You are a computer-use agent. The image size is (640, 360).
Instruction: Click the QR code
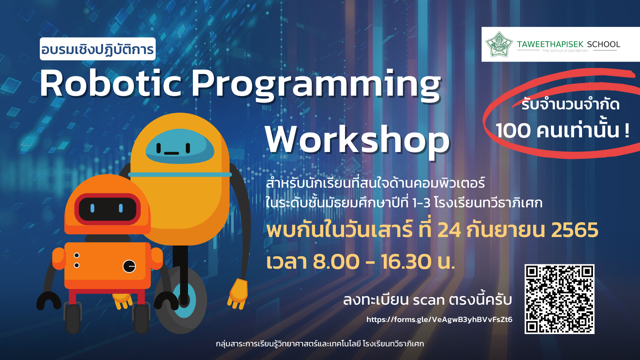(x=559, y=299)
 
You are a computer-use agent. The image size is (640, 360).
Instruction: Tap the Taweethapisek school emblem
(x=499, y=44)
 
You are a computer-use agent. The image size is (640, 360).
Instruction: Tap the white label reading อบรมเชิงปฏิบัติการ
(x=98, y=49)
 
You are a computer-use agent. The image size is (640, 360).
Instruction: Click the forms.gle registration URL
(x=439, y=319)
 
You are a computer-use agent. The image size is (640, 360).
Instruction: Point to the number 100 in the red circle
(x=513, y=130)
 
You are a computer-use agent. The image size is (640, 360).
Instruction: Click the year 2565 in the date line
(x=575, y=230)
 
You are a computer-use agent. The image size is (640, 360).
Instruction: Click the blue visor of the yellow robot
(x=180, y=147)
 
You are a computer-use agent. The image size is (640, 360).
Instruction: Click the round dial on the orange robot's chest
(x=129, y=266)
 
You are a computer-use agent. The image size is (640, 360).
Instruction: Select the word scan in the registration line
(x=429, y=300)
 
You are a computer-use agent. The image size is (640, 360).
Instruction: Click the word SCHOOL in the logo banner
(x=603, y=44)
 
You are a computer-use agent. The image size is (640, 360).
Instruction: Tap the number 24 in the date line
(x=449, y=230)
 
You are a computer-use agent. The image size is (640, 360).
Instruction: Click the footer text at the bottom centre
(x=320, y=344)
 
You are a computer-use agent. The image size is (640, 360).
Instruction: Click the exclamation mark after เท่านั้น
(x=627, y=130)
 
